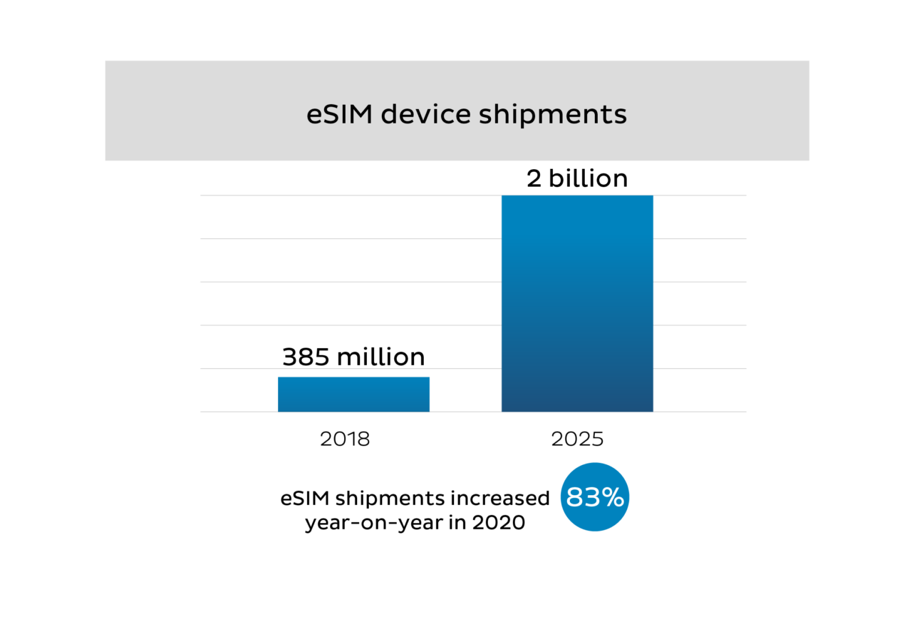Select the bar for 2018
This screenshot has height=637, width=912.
353,394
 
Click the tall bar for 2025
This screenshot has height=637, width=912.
577,303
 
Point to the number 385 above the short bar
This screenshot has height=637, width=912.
306,357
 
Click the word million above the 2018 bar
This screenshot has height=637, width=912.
380,357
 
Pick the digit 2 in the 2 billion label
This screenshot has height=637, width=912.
534,178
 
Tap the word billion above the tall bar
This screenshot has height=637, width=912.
589,178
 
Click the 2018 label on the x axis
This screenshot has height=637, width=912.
345,439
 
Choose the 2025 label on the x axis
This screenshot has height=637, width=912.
577,439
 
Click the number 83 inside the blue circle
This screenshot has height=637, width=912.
582,498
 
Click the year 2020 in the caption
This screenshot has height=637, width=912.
498,522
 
